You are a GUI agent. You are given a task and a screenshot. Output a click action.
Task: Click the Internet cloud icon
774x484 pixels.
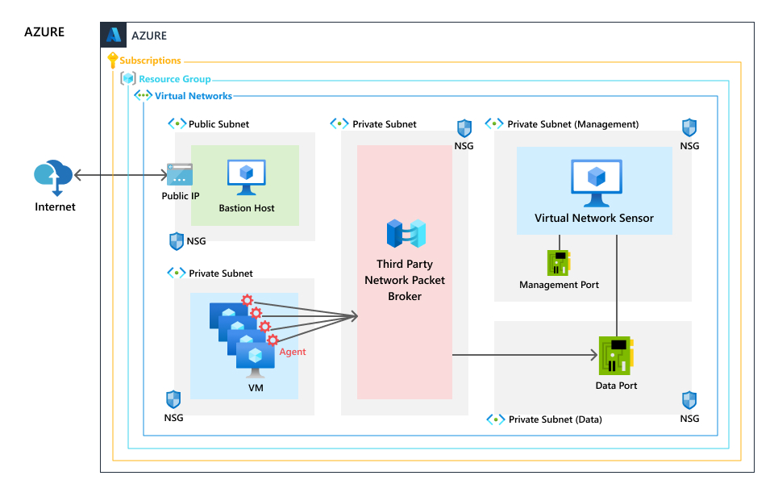pos(53,177)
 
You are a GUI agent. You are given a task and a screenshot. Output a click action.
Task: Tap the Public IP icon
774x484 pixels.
pos(180,174)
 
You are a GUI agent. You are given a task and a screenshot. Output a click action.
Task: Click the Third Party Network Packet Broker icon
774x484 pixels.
pos(406,233)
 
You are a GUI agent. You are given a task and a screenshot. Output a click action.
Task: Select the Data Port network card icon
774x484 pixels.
pos(616,356)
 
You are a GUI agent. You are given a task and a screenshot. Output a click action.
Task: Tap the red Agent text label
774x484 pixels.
pos(293,352)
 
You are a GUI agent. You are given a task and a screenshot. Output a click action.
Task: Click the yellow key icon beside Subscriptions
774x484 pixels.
pos(112,60)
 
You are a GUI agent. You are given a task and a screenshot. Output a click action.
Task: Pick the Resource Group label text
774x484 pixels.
pos(175,79)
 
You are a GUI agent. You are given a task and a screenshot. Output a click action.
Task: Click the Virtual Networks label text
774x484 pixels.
pos(193,96)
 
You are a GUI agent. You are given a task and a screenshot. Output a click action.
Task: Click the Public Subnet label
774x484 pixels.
pos(218,124)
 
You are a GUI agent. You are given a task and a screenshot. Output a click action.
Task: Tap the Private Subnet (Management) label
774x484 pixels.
pos(572,124)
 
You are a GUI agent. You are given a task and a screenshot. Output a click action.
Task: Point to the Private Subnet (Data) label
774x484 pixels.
pos(555,419)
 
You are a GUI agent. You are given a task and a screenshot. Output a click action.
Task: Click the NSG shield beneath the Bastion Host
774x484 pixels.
pos(177,240)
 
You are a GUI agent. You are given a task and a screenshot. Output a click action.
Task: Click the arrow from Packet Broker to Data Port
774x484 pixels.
pos(524,354)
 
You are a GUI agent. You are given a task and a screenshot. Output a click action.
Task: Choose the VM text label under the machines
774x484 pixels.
pos(255,388)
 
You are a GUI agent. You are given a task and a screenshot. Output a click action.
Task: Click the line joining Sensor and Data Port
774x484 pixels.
pos(617,282)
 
